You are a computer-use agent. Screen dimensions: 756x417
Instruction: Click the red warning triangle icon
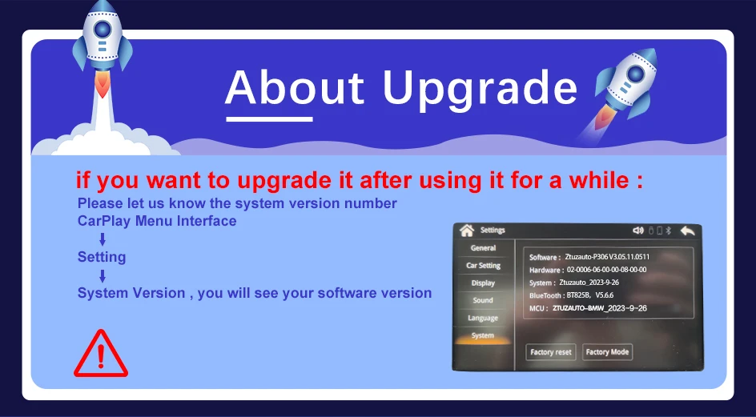101,354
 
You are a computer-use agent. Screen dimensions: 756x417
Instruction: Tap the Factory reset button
551,352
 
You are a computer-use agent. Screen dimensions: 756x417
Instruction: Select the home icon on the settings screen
467,231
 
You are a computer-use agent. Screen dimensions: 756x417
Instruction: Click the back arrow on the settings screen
688,231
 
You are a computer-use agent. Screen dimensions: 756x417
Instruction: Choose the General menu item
483,248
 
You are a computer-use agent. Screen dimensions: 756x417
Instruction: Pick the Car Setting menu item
483,266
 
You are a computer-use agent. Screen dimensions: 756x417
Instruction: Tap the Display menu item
483,283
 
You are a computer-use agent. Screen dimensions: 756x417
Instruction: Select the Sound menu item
483,300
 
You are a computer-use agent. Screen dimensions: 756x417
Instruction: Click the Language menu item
483,319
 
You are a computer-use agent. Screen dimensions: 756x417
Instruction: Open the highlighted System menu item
483,336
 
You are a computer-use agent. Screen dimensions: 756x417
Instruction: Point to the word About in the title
294,87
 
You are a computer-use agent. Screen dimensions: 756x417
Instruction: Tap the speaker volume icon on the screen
638,231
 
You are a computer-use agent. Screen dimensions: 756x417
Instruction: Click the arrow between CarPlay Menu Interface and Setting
103,239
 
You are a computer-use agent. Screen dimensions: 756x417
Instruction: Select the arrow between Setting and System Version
103,276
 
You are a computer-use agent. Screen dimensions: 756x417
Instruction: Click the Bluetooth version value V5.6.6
605,295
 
